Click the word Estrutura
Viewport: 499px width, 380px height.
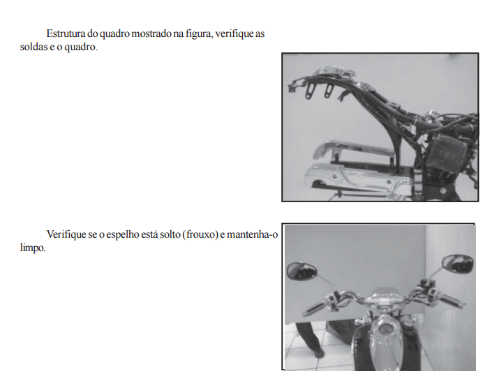[x=66, y=33]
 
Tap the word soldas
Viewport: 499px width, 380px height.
[x=33, y=47]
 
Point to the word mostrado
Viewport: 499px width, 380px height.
[x=151, y=33]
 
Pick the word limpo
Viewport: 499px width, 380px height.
[x=33, y=248]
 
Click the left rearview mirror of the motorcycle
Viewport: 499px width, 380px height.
[x=301, y=271]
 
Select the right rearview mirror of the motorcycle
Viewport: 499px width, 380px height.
[x=457, y=264]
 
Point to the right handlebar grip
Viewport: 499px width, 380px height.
[x=452, y=301]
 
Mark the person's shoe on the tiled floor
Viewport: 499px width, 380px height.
[x=318, y=353]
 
